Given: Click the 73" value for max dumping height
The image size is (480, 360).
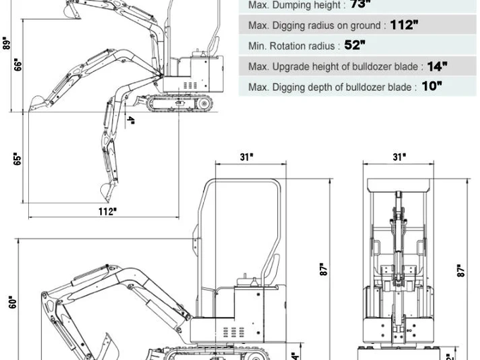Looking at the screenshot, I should point(360,4).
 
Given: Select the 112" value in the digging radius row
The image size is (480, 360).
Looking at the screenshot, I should point(404,25).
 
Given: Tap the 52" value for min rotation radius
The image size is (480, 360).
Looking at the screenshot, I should point(354,45).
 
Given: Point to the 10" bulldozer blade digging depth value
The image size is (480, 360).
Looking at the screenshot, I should point(432,86).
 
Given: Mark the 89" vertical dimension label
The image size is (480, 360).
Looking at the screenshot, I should point(6,44).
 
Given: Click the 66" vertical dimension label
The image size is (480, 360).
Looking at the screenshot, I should point(17,65).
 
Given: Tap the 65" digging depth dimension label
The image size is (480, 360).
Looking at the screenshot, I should point(17,159).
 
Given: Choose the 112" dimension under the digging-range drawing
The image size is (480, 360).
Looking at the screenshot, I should point(107,210).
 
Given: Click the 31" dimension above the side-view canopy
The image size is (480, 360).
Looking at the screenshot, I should point(246,157).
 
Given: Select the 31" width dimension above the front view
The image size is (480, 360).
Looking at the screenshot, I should point(400,157).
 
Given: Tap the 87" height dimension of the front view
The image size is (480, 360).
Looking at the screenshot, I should point(460,270).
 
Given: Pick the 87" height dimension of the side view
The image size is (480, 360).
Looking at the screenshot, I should point(323,270).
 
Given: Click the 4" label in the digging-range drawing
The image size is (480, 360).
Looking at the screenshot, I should point(131,120).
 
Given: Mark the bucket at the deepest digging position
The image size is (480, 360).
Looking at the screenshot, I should point(108,190).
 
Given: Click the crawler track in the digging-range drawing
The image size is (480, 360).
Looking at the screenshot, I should point(180,104).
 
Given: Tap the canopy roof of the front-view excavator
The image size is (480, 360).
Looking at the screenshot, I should point(400,185).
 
